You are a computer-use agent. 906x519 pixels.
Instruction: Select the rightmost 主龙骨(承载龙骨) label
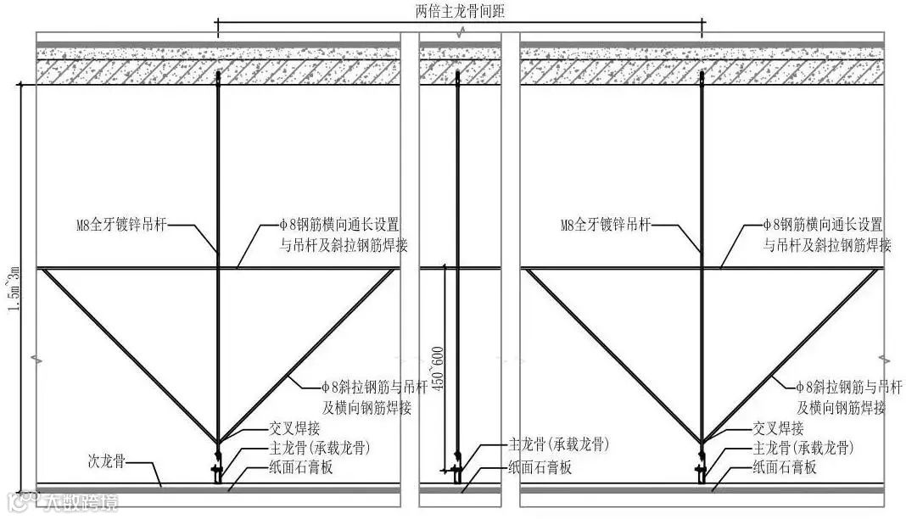click(803, 448)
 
